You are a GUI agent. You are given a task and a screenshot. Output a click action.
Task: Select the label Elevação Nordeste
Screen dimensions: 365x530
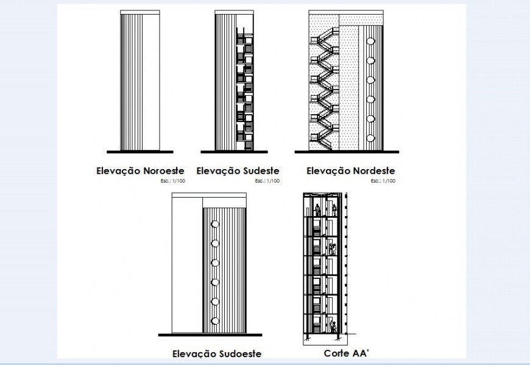tap(350, 171)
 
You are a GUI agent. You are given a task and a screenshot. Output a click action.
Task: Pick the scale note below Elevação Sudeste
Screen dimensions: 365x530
tap(267, 181)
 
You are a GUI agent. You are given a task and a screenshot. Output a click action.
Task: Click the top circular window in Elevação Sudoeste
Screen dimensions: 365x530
tap(214, 225)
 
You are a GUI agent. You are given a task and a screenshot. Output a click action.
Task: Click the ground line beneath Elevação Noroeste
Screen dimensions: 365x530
tap(140, 151)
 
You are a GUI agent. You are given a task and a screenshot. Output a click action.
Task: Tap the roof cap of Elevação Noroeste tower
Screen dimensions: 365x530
tap(140, 12)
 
